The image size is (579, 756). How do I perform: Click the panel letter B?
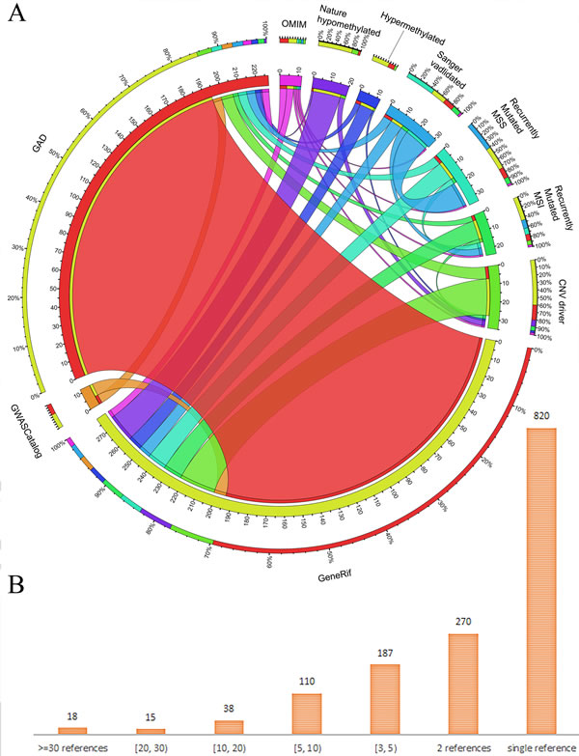pos(14,585)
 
